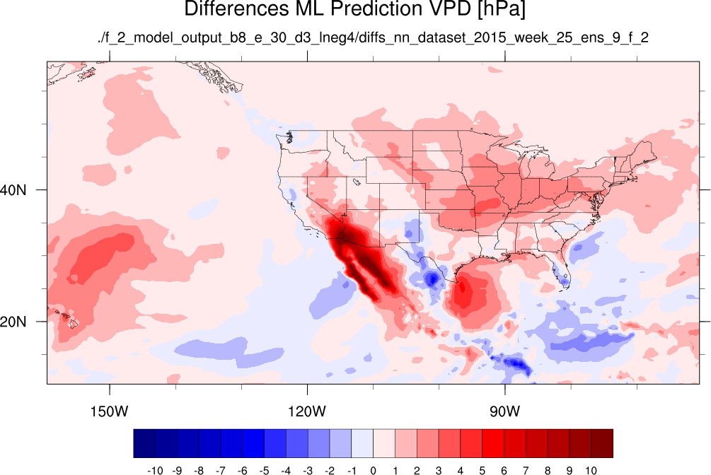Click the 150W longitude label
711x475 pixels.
click(x=109, y=411)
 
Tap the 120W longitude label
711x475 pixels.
click(x=307, y=411)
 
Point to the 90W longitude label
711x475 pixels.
click(x=504, y=411)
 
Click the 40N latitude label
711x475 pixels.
click(x=13, y=190)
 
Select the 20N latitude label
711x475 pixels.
click(x=13, y=322)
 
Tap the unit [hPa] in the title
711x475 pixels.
click(x=501, y=9)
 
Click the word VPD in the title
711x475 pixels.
click(x=449, y=8)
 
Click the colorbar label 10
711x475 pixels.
click(x=591, y=471)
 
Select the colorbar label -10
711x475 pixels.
click(x=155, y=471)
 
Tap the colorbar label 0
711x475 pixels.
click(x=373, y=471)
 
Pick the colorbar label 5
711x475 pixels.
click(x=482, y=471)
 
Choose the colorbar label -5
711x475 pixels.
click(x=264, y=471)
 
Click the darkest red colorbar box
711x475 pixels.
click(x=602, y=443)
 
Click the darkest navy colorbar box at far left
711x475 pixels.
click(x=144, y=443)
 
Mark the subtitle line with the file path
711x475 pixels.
click(x=373, y=37)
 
